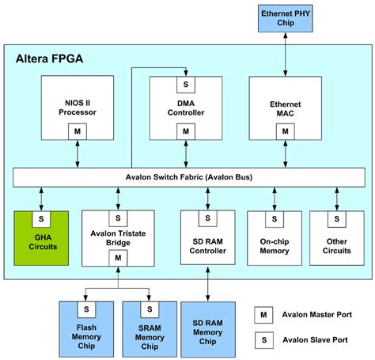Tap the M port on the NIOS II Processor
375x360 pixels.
78,131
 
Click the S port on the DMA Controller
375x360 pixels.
187,83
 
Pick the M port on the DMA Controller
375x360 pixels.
187,131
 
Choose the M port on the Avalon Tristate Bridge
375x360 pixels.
117,258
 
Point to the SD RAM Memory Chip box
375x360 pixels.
208,328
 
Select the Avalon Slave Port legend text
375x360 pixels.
316,340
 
